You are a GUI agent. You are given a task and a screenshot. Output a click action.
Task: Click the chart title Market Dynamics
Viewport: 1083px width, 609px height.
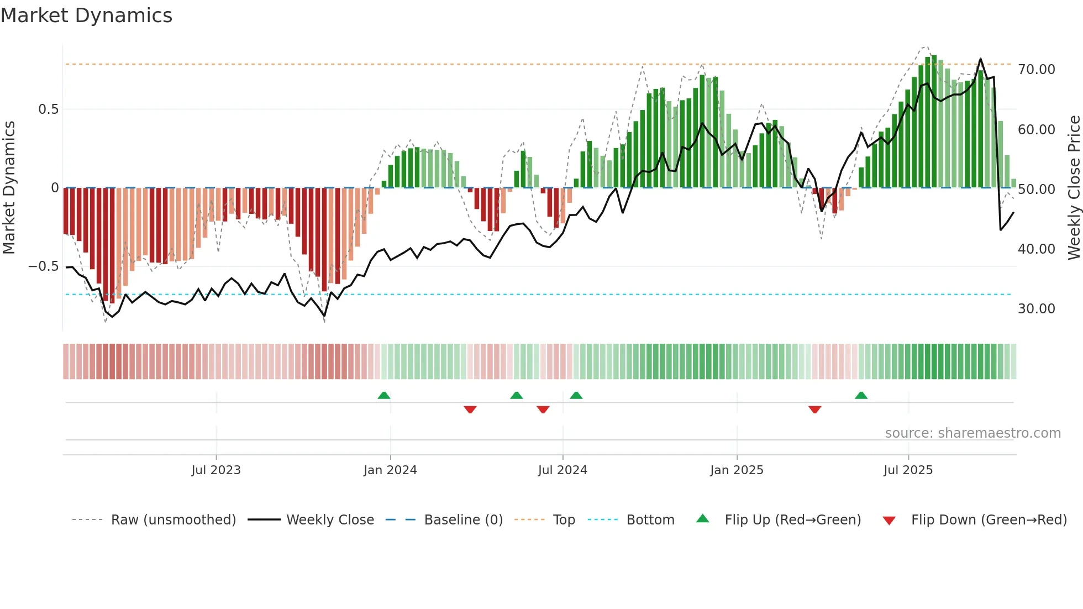coord(86,15)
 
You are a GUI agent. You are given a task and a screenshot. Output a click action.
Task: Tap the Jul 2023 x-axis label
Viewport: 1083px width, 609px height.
coord(216,470)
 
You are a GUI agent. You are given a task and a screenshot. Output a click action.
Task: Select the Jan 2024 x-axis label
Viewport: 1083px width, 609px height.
coord(390,470)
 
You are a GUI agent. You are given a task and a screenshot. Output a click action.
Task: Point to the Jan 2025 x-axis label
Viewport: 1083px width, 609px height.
coord(737,470)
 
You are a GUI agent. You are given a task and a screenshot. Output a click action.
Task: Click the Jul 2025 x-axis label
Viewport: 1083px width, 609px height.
coord(908,470)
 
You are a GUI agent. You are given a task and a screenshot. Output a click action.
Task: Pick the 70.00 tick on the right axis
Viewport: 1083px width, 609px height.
coord(1037,70)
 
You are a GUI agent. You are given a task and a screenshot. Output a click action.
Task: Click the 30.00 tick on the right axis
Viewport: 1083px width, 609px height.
coord(1037,309)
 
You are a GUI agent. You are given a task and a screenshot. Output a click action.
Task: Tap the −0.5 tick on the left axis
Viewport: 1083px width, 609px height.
coord(44,266)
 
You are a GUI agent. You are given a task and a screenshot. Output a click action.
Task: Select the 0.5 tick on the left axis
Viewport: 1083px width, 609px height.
coord(48,109)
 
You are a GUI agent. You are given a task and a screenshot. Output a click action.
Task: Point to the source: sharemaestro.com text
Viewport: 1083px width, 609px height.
coord(972,433)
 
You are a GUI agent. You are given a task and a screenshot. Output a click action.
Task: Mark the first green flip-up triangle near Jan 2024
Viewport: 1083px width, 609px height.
coord(384,395)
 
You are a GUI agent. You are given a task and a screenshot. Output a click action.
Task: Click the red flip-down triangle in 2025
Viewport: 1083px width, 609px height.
coord(814,410)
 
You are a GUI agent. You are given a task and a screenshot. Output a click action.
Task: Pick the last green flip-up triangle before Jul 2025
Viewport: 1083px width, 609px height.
coord(861,395)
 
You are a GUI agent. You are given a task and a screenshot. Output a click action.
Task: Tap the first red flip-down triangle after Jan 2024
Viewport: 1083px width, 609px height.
coord(470,410)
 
